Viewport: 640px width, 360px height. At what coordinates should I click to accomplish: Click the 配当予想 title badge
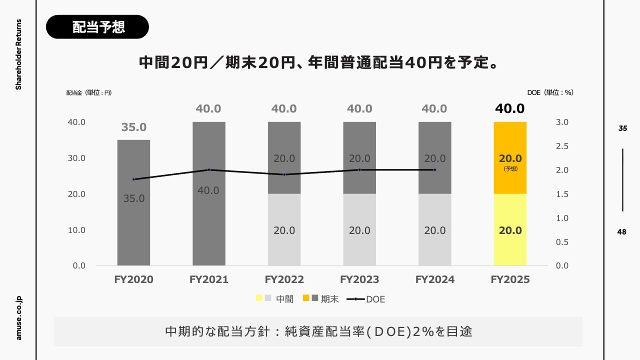click(x=97, y=27)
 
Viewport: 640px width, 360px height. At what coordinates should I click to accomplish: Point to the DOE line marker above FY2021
click(x=209, y=169)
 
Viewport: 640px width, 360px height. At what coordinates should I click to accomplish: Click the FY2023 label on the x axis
click(x=359, y=279)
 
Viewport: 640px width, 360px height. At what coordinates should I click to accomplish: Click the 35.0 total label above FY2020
click(x=134, y=127)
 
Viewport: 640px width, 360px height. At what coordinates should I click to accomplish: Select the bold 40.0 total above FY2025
click(x=510, y=108)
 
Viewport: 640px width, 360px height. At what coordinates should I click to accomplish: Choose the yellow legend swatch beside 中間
click(x=259, y=298)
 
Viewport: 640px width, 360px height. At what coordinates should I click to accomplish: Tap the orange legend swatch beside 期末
click(x=305, y=298)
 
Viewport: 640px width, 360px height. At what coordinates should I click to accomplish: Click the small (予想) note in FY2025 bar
click(x=510, y=169)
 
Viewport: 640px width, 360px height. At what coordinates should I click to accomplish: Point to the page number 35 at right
click(x=622, y=128)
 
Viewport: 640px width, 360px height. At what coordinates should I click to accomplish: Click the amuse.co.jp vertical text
click(x=19, y=317)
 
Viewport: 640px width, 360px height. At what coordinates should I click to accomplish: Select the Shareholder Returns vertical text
click(x=19, y=54)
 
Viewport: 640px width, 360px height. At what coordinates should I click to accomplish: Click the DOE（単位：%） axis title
click(x=550, y=92)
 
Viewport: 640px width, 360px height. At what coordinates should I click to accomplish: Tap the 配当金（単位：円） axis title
click(x=89, y=92)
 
